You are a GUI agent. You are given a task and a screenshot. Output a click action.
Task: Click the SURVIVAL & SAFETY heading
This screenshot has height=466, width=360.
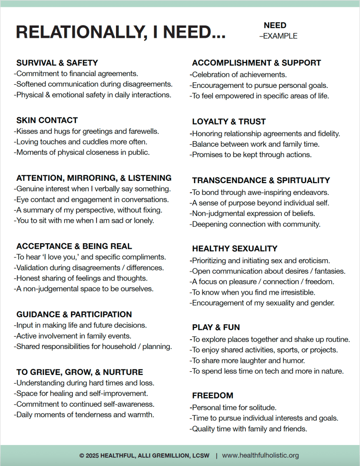pos(57,63)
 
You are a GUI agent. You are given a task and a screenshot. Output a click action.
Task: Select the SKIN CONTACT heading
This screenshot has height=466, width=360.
pos(47,120)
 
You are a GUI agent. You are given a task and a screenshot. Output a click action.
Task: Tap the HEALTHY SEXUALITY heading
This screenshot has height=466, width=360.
pos(234,249)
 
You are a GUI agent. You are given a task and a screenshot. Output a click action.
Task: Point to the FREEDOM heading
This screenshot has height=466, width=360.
pos(213,395)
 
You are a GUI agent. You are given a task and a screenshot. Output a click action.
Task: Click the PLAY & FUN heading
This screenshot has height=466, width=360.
pos(216,328)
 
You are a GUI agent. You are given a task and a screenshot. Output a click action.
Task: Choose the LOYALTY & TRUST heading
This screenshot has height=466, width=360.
pos(228,122)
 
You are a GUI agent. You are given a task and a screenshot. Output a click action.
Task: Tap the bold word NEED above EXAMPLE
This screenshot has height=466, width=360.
pos(275,26)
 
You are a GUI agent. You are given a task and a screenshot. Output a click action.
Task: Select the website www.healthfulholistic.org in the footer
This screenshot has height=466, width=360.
pos(260,455)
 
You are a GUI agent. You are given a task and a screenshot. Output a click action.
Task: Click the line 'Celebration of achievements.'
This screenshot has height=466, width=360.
pos(238,75)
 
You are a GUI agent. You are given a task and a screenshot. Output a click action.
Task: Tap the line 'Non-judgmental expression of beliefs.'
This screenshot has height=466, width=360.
pos(254,213)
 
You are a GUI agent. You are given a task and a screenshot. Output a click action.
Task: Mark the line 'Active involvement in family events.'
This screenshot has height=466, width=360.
pos(73,336)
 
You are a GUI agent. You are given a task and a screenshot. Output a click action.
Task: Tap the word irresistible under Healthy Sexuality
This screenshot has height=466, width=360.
pos(294,292)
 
